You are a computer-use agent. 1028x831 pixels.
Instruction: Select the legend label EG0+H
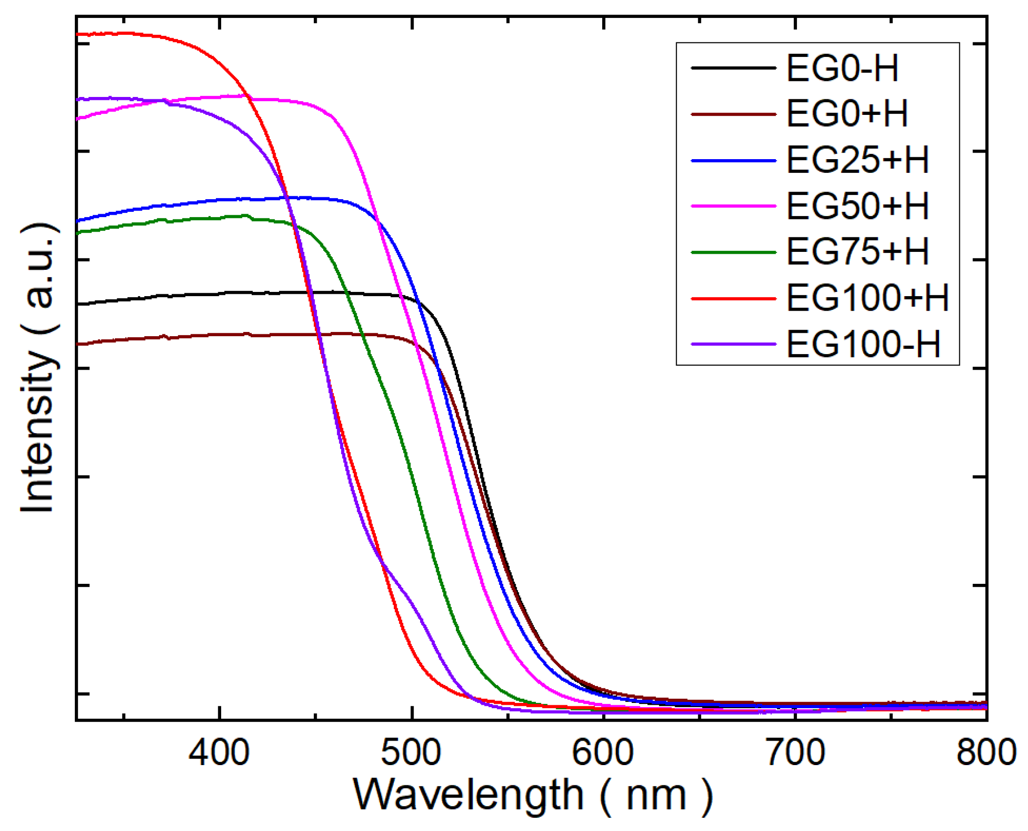(847, 114)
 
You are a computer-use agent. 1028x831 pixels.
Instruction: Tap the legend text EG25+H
(857, 161)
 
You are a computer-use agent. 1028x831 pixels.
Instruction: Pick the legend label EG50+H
(857, 206)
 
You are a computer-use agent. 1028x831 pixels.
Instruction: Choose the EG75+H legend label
(857, 252)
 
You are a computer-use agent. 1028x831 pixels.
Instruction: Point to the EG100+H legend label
(867, 298)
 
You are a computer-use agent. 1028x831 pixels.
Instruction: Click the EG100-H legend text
(863, 344)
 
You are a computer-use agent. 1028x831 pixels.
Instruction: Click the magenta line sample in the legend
(733, 206)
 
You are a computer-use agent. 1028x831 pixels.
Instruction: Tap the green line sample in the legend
(733, 252)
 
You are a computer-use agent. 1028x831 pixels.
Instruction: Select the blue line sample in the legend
(733, 161)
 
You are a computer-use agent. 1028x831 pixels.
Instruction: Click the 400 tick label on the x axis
(219, 752)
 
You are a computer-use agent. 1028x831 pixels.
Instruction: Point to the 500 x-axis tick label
(411, 752)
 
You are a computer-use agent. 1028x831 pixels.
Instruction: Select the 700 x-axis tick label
(795, 752)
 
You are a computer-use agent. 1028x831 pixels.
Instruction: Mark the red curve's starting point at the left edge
(78, 34)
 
